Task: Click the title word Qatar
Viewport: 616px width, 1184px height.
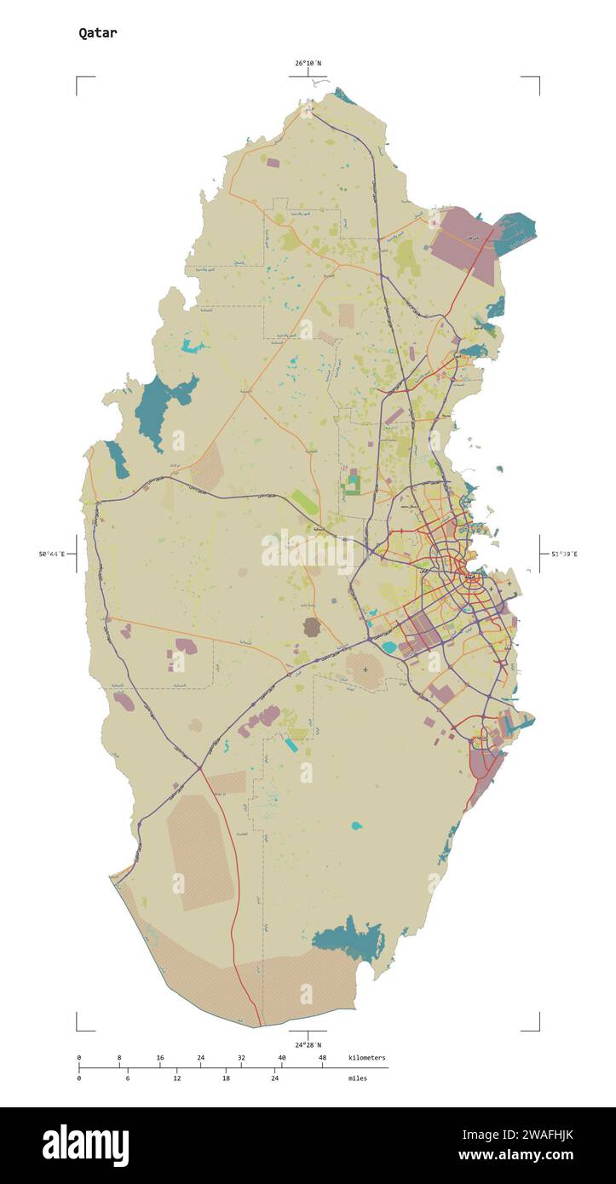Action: pos(98,33)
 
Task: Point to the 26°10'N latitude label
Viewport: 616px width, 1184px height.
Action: pos(308,63)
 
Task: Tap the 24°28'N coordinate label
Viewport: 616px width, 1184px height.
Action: pos(308,1044)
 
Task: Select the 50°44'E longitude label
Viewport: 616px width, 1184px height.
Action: pos(51,555)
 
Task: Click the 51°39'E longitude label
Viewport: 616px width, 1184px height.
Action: pos(563,555)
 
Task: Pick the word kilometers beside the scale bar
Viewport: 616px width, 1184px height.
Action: pos(366,1058)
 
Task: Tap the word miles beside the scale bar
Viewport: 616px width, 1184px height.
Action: pos(358,1078)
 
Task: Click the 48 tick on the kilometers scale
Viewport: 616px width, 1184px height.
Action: pos(322,1058)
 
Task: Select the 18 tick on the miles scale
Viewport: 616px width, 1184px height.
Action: pos(226,1078)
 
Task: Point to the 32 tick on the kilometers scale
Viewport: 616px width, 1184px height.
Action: pos(241,1058)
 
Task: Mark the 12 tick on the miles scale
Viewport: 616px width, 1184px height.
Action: pos(176,1078)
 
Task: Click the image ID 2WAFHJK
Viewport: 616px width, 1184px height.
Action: pos(541,1135)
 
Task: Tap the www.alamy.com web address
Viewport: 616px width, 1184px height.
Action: pos(515,1156)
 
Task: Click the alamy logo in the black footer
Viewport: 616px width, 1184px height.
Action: pos(85,1145)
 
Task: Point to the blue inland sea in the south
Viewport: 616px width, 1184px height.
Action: pos(349,940)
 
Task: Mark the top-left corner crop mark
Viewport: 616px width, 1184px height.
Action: pos(78,78)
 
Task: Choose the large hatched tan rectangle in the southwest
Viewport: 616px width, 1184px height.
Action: pos(200,852)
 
